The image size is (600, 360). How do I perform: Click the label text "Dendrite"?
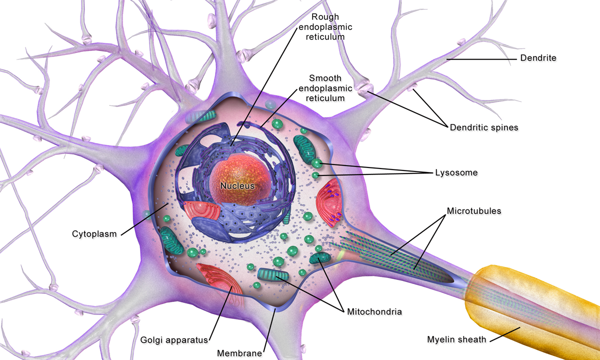[x=538, y=58]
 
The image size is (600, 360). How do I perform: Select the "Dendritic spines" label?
[x=484, y=127]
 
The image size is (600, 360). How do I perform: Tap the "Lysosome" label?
[x=456, y=172]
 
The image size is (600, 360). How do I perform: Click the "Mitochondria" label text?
[x=374, y=311]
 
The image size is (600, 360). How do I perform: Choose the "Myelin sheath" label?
[x=456, y=339]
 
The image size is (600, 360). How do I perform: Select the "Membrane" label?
[x=239, y=353]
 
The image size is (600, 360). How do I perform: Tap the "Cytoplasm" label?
[x=94, y=233]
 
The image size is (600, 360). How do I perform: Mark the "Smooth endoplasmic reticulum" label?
[x=325, y=88]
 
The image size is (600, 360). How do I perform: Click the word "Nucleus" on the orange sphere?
[x=237, y=185]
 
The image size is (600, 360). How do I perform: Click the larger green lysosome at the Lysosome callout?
[x=316, y=162]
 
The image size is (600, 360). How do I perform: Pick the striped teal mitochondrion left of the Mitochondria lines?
[x=273, y=274]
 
